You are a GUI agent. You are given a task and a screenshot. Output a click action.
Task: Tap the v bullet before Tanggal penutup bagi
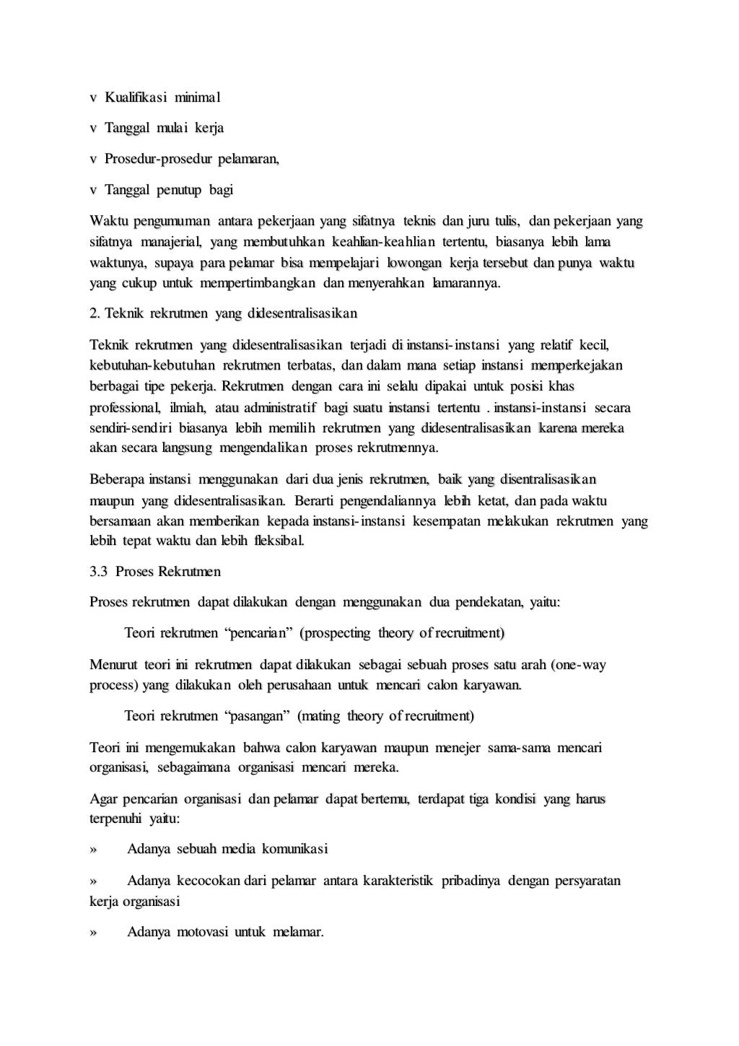click(x=93, y=191)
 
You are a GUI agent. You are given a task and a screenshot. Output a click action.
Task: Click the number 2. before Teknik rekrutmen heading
click(x=95, y=314)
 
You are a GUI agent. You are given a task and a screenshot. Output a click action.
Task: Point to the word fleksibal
click(x=279, y=541)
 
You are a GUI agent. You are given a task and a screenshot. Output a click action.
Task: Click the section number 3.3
click(x=99, y=572)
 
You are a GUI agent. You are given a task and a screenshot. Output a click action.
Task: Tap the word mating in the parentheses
click(x=318, y=717)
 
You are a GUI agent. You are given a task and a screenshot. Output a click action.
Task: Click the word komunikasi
click(x=294, y=849)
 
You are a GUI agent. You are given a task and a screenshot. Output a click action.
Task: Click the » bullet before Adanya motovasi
click(x=93, y=933)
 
